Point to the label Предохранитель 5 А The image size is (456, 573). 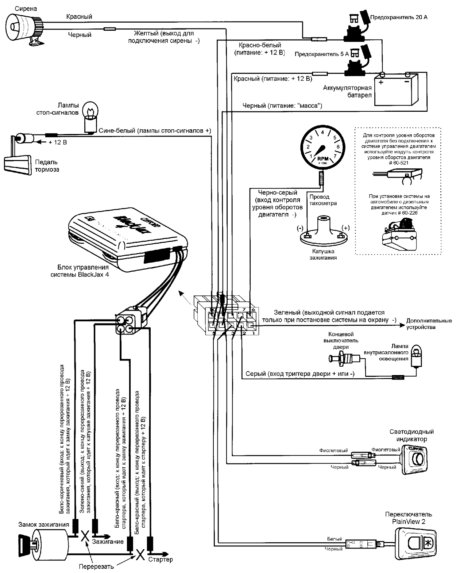(321, 54)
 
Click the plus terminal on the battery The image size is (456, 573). (382, 81)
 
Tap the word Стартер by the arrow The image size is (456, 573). (161, 559)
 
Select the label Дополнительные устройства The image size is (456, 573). (429, 324)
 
